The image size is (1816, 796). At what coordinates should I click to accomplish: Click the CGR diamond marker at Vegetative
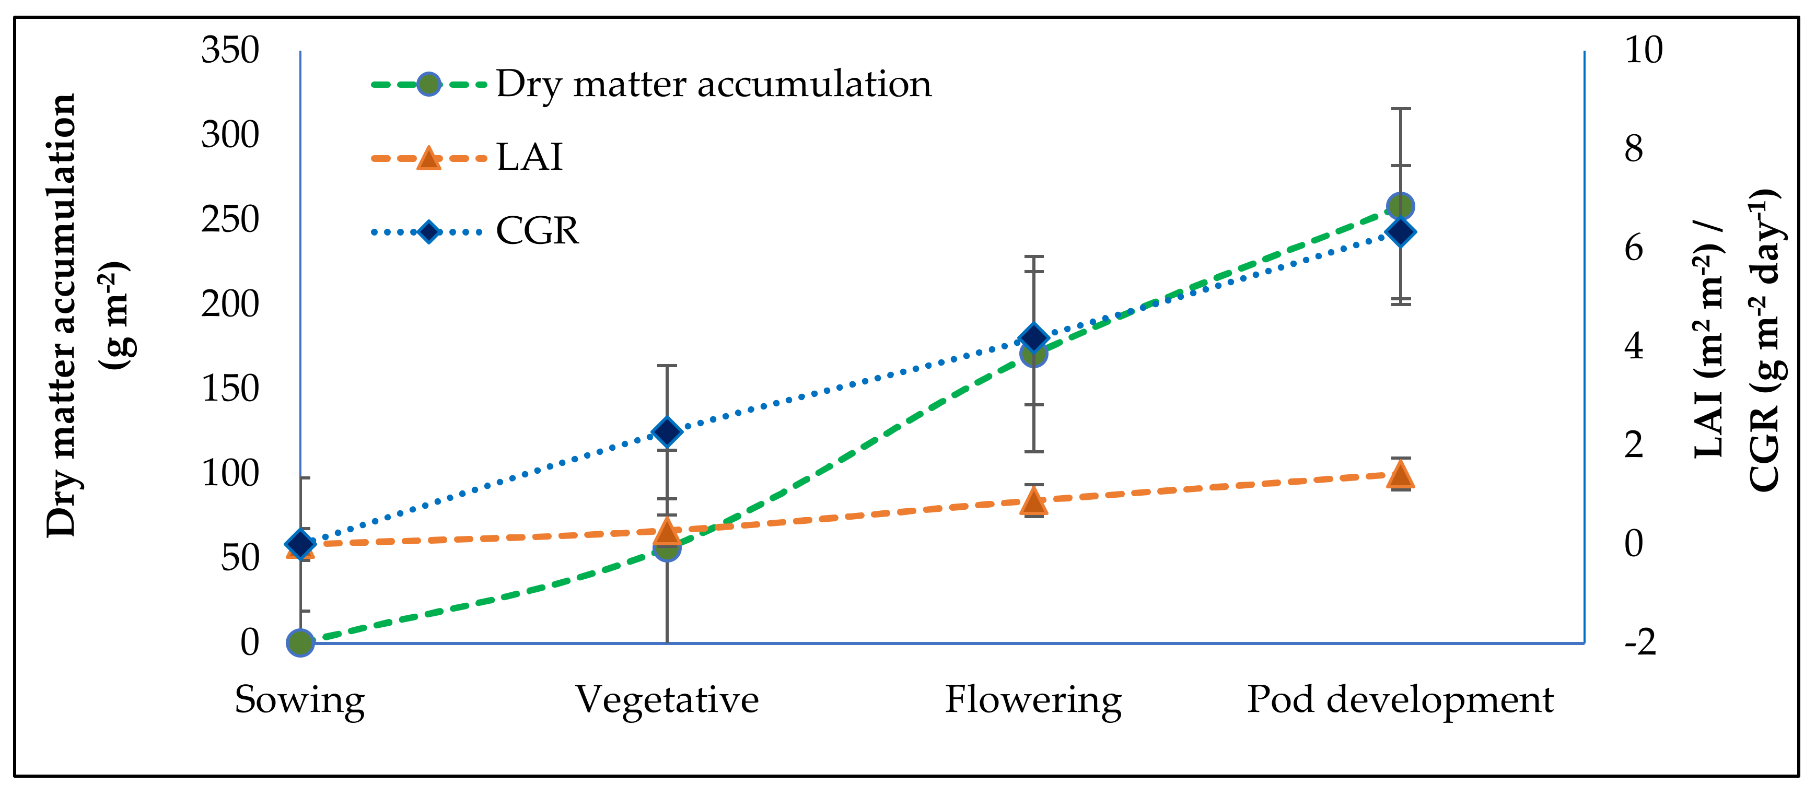point(667,431)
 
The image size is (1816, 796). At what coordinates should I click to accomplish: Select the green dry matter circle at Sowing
point(301,642)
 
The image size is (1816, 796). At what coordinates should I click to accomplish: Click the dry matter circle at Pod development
point(1400,207)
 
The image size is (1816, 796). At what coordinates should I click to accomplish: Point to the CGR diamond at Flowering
point(1033,338)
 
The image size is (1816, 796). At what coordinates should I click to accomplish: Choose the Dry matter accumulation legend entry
point(714,85)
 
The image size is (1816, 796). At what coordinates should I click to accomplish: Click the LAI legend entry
point(529,157)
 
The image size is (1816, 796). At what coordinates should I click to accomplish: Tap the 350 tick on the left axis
point(230,51)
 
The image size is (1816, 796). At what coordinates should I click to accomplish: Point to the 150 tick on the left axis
point(230,389)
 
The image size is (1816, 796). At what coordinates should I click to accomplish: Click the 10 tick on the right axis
point(1643,51)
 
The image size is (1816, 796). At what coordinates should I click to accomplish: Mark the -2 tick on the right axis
point(1640,642)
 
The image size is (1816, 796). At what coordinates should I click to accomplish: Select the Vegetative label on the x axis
point(667,700)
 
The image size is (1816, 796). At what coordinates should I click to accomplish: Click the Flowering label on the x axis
point(1033,700)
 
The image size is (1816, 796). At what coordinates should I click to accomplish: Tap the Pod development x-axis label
point(1400,700)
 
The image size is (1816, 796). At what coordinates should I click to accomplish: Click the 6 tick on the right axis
point(1634,248)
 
